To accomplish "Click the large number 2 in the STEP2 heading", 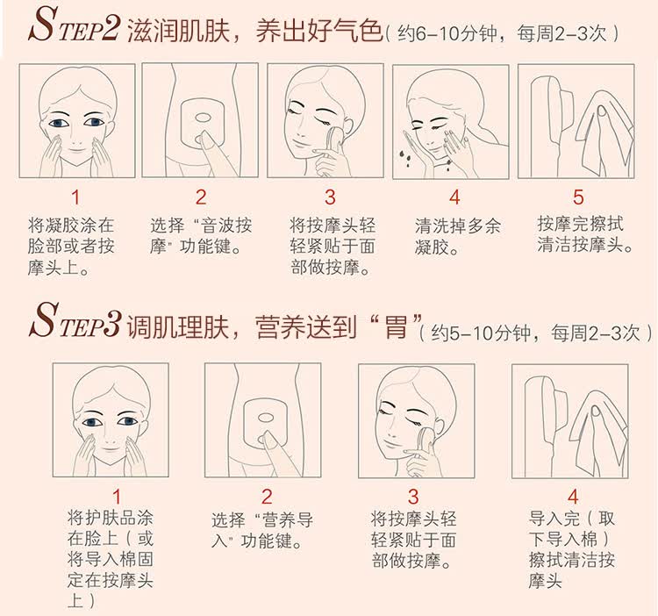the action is (111, 27).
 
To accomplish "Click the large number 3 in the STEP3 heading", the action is (111, 323).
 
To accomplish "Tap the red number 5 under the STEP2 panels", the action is (578, 197).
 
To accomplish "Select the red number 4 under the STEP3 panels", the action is (573, 497).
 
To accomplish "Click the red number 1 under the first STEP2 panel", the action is (75, 197).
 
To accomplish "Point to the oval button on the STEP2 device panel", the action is (203, 118).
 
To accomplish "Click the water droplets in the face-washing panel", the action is (404, 156).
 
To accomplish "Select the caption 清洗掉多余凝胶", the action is (457, 237).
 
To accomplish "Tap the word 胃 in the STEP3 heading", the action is (396, 326).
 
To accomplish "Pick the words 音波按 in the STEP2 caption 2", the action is (225, 226).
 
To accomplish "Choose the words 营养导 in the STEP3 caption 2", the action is (287, 520).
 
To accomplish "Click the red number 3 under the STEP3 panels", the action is (413, 497).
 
